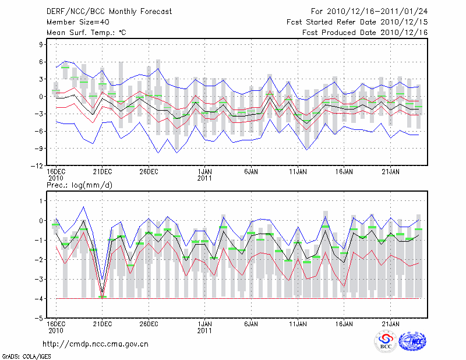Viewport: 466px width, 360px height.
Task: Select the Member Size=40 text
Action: (74, 22)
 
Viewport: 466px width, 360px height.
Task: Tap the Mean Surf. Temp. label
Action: (86, 33)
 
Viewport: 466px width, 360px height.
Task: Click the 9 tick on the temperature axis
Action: (41, 44)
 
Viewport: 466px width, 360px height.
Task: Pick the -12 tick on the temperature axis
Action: (38, 165)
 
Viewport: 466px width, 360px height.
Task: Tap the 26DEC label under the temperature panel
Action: (149, 172)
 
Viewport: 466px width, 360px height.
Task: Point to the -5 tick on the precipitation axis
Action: (40, 319)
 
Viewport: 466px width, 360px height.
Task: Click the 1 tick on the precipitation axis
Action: (41, 201)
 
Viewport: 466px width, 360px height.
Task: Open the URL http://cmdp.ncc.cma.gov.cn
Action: (96, 344)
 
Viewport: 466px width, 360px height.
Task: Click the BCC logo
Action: (386, 342)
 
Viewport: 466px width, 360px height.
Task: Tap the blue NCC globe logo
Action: (412, 342)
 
